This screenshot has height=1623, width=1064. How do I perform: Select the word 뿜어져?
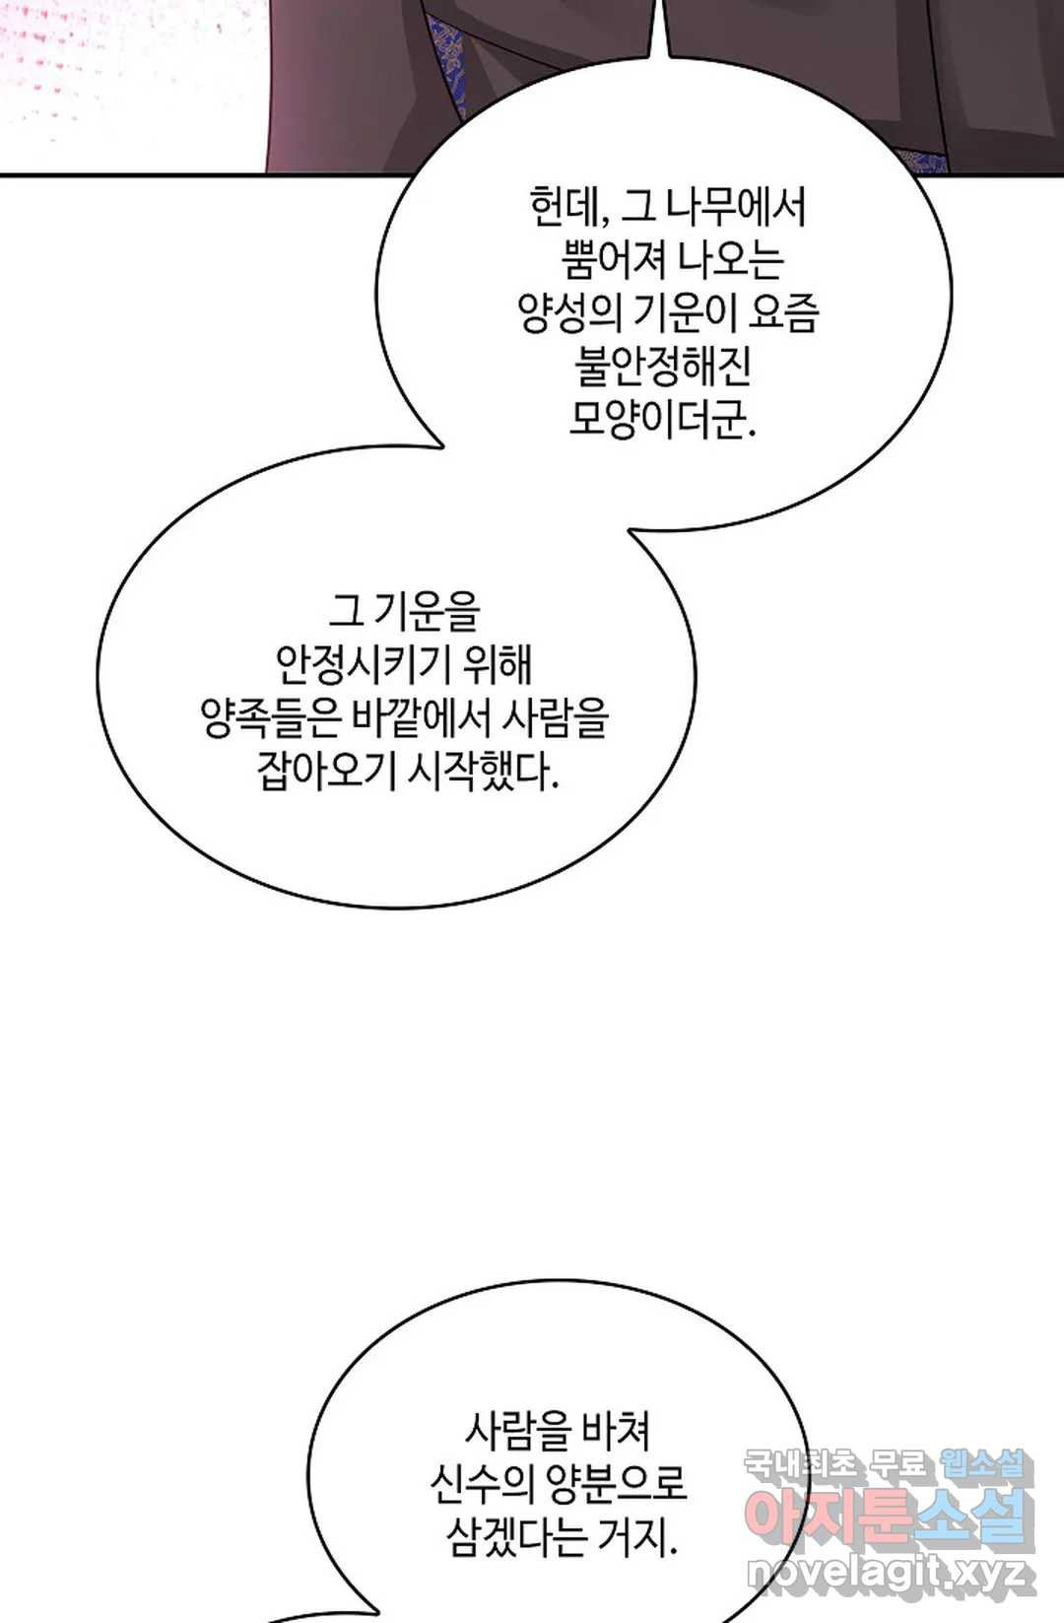[x=613, y=260]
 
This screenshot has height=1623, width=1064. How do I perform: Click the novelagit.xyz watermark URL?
[x=891, y=1575]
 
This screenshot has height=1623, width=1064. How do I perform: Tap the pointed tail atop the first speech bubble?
[x=661, y=29]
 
